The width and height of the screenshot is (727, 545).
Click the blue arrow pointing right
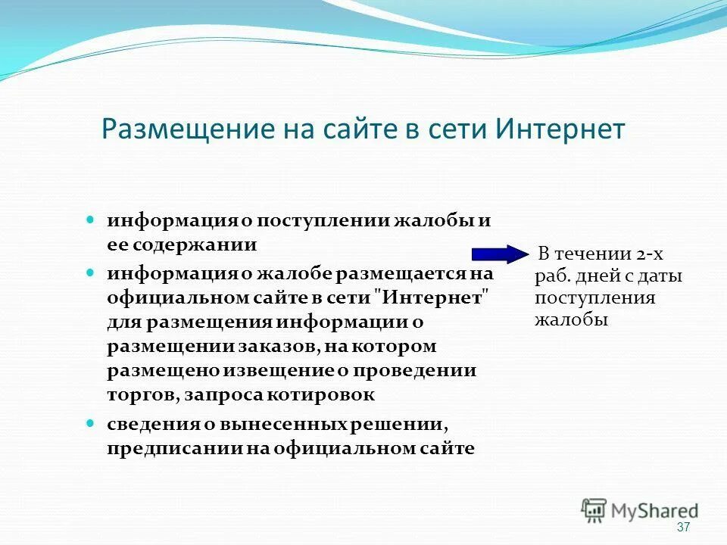click(x=501, y=254)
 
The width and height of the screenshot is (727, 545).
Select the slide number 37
click(x=683, y=527)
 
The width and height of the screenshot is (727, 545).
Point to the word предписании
click(x=174, y=448)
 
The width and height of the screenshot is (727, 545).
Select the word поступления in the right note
click(x=594, y=297)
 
